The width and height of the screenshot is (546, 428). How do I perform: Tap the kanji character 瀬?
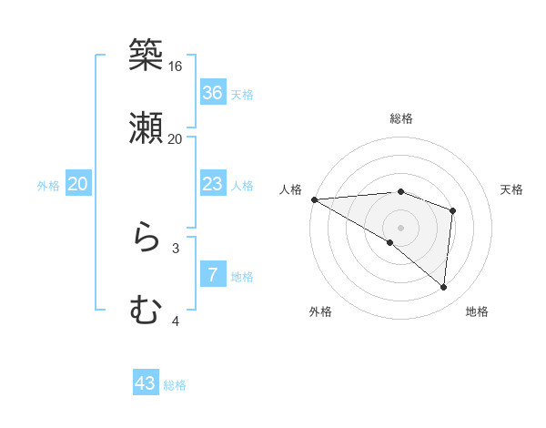(146, 128)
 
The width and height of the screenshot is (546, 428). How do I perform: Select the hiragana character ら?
(146, 239)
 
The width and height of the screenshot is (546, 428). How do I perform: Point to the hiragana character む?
(146, 311)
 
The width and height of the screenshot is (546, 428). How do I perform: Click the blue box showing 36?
(213, 93)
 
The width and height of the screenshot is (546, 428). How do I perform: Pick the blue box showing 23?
(213, 185)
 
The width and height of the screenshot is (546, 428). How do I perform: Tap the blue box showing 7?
(213, 275)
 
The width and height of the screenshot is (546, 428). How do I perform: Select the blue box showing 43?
(146, 384)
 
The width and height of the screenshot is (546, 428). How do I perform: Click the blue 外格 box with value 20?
(78, 185)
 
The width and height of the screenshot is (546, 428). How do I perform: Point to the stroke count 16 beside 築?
(176, 66)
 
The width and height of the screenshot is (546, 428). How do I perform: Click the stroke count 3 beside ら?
(176, 248)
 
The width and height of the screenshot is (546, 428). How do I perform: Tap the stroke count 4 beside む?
(176, 321)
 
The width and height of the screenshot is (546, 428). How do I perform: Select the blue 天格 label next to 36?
(242, 94)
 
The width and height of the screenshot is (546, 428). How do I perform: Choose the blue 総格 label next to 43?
(175, 385)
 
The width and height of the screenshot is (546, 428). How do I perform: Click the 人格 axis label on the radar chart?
(291, 189)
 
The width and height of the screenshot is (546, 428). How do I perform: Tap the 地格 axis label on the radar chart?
(477, 311)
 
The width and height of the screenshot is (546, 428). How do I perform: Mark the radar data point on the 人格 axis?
(314, 199)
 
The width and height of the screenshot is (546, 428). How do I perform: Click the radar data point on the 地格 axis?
(443, 287)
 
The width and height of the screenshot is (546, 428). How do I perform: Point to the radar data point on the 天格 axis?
(452, 210)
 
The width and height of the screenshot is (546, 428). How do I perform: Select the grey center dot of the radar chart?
(400, 226)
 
